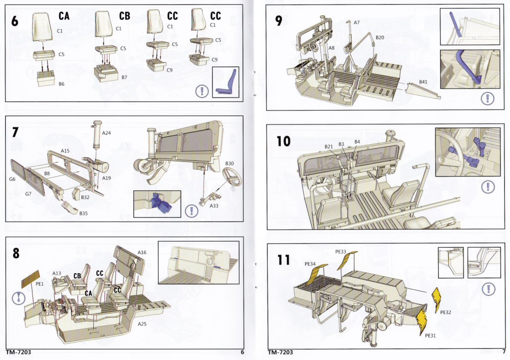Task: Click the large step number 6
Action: click(15, 20)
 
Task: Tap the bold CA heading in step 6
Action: click(64, 17)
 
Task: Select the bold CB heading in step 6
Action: click(124, 17)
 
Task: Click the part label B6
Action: click(62, 84)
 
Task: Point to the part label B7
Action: click(124, 77)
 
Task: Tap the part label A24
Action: click(106, 133)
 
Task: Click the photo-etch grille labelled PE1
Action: click(32, 278)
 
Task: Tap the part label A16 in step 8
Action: click(142, 252)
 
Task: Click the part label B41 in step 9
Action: click(423, 81)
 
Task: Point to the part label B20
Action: click(380, 37)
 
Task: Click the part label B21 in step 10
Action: click(328, 146)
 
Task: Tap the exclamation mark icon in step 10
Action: click(487, 186)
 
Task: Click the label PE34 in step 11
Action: click(310, 264)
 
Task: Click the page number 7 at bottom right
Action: click(504, 351)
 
